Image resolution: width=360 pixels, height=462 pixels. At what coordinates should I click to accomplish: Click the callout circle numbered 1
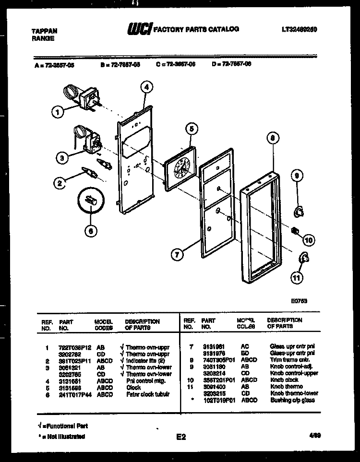58,113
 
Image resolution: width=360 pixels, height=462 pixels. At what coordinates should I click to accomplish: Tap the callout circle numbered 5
191,129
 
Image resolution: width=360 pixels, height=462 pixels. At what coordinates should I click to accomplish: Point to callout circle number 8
273,139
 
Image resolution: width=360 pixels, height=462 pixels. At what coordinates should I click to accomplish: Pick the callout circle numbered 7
178,255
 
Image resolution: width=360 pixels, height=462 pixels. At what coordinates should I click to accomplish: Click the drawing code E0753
299,301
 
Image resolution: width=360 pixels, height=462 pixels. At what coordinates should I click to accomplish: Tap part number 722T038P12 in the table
74,346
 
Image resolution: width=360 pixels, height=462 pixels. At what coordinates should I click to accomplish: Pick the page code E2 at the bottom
180,437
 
